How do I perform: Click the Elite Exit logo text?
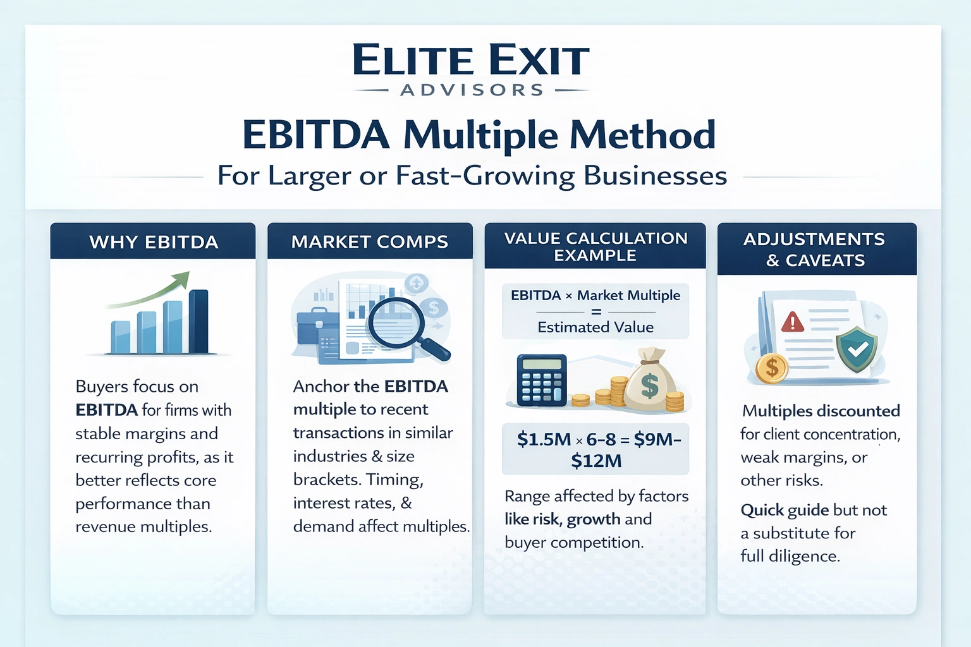point(471,61)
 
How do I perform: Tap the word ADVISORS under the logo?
point(472,90)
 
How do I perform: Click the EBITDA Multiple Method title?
point(479,135)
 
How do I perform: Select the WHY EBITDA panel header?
point(154,242)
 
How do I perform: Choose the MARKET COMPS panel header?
point(370,241)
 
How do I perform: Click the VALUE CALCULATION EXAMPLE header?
point(595,246)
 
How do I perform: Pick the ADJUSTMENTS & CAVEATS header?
point(815,249)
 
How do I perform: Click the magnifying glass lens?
point(394,322)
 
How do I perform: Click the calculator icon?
point(541,380)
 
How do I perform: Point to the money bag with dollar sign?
point(649,381)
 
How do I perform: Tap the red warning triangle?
point(792,322)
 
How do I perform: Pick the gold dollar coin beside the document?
point(771,368)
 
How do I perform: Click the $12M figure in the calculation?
point(596,461)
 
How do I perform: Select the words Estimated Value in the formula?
point(595,327)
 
